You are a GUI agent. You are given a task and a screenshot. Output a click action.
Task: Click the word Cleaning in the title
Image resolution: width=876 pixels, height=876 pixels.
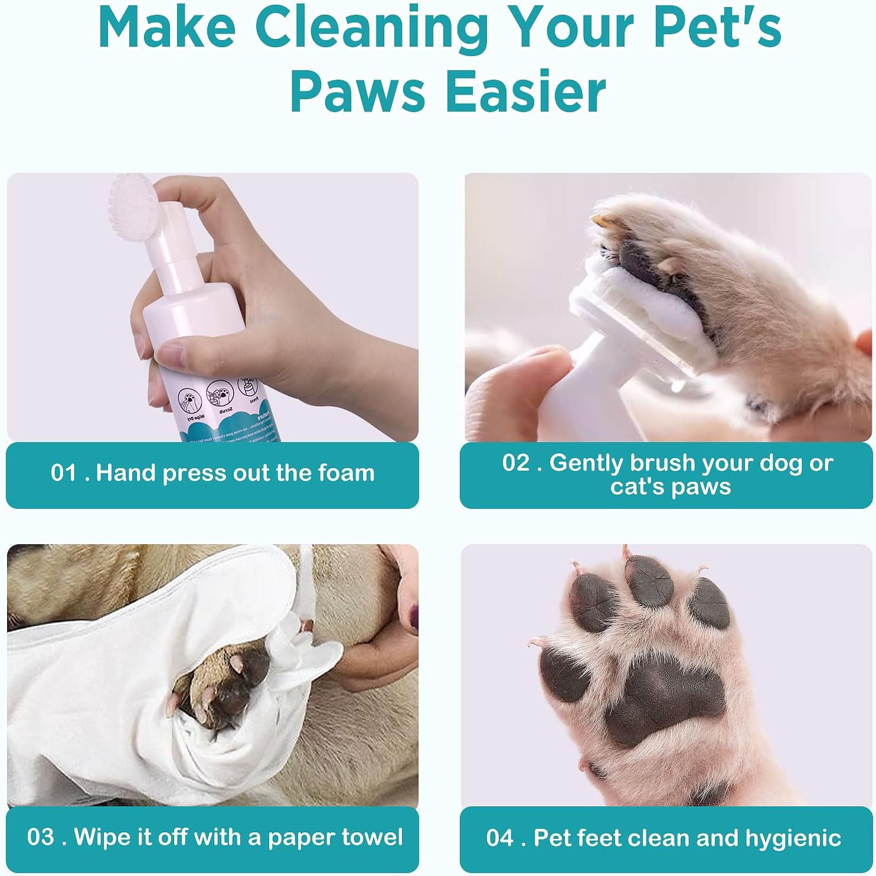(372, 28)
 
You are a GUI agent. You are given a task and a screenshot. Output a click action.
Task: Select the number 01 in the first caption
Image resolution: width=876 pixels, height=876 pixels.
(64, 473)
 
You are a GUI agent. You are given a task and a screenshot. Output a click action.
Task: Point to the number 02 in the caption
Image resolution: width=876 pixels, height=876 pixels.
(516, 463)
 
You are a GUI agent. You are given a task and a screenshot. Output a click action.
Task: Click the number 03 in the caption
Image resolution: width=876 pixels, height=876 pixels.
(40, 838)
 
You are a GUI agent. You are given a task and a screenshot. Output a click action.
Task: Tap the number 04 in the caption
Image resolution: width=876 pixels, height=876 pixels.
(500, 839)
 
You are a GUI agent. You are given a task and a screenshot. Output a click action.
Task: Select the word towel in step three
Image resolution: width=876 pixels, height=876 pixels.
(373, 838)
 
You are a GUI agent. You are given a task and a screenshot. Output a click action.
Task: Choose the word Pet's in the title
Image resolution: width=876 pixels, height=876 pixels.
(717, 28)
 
